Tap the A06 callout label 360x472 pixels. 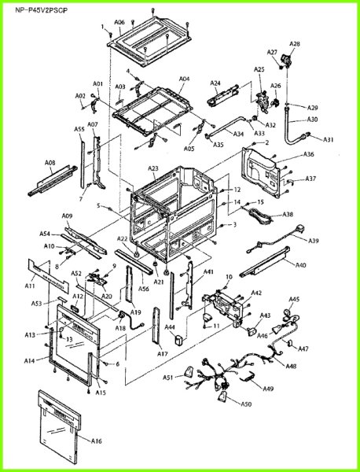pyautogui.click(x=119, y=23)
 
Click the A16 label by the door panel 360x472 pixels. pyautogui.click(x=97, y=442)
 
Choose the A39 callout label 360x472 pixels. pyautogui.click(x=314, y=241)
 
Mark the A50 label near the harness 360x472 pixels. pyautogui.click(x=246, y=404)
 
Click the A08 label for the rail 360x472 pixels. pyautogui.click(x=50, y=164)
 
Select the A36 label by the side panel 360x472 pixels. pyautogui.click(x=309, y=154)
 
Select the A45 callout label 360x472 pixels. pyautogui.click(x=294, y=299)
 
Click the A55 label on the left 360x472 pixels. pyautogui.click(x=79, y=129)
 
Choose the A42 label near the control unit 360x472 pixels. pyautogui.click(x=256, y=293)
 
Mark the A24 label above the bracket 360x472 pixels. pyautogui.click(x=215, y=83)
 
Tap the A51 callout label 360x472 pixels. pyautogui.click(x=168, y=378)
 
